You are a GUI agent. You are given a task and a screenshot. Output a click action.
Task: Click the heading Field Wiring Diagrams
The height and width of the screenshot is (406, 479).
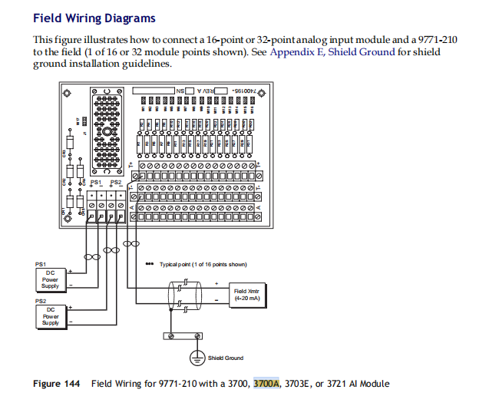[94, 18]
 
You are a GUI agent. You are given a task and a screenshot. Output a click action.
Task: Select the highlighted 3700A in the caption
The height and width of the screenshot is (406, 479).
[266, 384]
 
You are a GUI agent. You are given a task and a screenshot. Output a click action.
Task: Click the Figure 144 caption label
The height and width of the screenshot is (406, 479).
[58, 384]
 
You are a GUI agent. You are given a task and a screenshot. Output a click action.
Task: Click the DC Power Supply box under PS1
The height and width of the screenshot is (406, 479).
[50, 279]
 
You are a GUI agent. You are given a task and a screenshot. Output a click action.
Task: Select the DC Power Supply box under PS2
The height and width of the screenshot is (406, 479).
[50, 316]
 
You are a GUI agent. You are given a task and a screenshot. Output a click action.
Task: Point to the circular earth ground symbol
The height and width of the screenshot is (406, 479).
[197, 357]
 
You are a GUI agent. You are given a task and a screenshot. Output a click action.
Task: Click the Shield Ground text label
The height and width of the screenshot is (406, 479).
[226, 358]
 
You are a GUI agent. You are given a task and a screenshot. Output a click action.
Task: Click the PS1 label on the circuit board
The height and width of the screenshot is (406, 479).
[96, 183]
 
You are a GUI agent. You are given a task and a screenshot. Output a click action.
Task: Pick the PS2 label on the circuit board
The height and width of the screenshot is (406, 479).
[115, 183]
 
